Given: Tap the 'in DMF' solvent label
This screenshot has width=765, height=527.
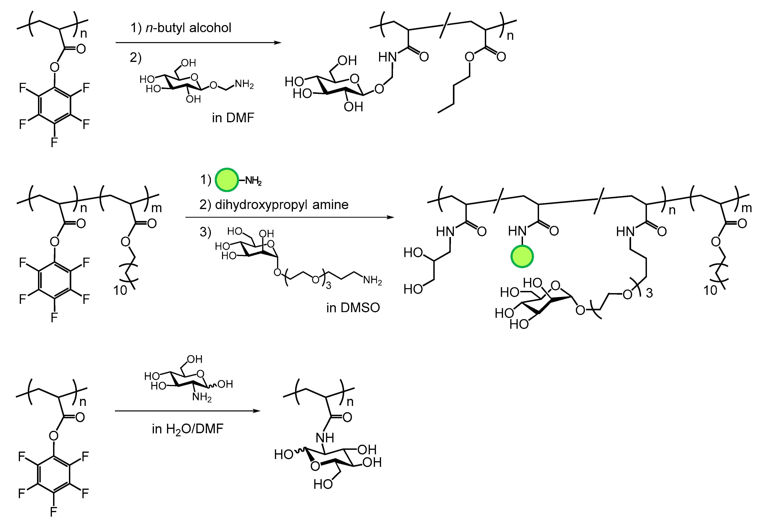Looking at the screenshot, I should click(x=233, y=118).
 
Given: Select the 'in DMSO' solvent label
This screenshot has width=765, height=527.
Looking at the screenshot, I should click(x=353, y=308).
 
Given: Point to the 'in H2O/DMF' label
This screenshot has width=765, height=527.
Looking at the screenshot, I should click(x=187, y=429).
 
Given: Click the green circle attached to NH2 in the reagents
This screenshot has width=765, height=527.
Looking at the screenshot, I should click(x=227, y=180).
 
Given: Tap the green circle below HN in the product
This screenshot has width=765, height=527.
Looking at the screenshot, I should click(x=522, y=257).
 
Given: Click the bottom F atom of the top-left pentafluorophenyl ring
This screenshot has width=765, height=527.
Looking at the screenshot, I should click(x=54, y=142).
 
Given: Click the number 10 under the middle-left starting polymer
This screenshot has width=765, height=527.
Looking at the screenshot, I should click(x=120, y=291).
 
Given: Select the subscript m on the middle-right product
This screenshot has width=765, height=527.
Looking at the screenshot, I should click(x=747, y=208).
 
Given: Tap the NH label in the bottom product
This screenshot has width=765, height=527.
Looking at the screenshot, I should click(x=325, y=438).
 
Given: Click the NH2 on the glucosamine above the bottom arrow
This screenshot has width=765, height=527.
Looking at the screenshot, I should click(x=202, y=397).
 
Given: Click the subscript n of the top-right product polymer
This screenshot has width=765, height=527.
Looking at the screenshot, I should click(x=510, y=36).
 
